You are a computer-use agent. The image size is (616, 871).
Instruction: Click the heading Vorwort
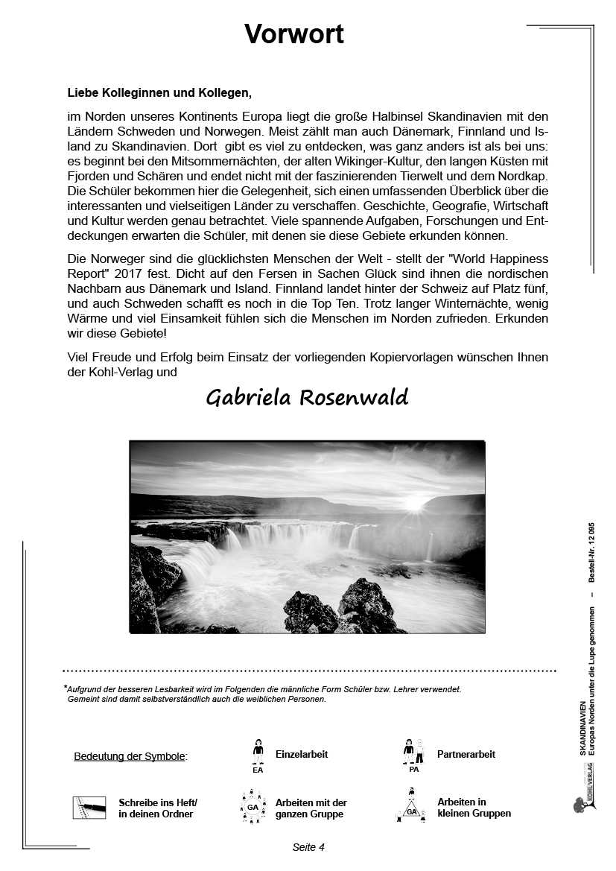pyautogui.click(x=294, y=34)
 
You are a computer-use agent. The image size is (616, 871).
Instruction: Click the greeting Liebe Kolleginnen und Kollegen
pyautogui.click(x=159, y=93)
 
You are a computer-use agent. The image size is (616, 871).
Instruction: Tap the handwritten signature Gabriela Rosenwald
pyautogui.click(x=307, y=398)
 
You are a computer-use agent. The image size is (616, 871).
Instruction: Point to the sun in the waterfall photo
pyautogui.click(x=415, y=504)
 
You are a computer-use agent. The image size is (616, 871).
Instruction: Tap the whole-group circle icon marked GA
pyautogui.click(x=253, y=808)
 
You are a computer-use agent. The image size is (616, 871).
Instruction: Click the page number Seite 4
pyautogui.click(x=308, y=847)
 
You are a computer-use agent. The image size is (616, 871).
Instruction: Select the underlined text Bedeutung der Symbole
pyautogui.click(x=130, y=756)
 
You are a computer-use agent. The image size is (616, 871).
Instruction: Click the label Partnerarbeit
pyautogui.click(x=466, y=754)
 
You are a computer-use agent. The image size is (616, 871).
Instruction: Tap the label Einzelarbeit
pyautogui.click(x=302, y=754)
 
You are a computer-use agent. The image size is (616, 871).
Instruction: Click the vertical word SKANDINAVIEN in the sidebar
pyautogui.click(x=582, y=728)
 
